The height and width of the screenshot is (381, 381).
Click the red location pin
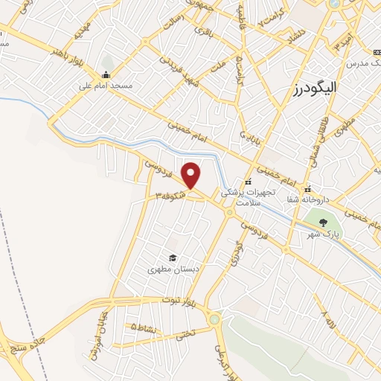[192, 175]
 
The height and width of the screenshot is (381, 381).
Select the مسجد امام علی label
[106, 86]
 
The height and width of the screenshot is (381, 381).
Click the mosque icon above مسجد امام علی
[106, 74]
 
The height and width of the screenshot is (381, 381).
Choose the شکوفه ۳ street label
[170, 195]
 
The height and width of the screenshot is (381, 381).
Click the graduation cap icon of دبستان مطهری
[173, 257]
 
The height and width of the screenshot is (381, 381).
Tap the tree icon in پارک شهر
[323, 222]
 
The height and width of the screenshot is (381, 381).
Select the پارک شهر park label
[324, 234]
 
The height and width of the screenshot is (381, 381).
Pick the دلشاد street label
[295, 36]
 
